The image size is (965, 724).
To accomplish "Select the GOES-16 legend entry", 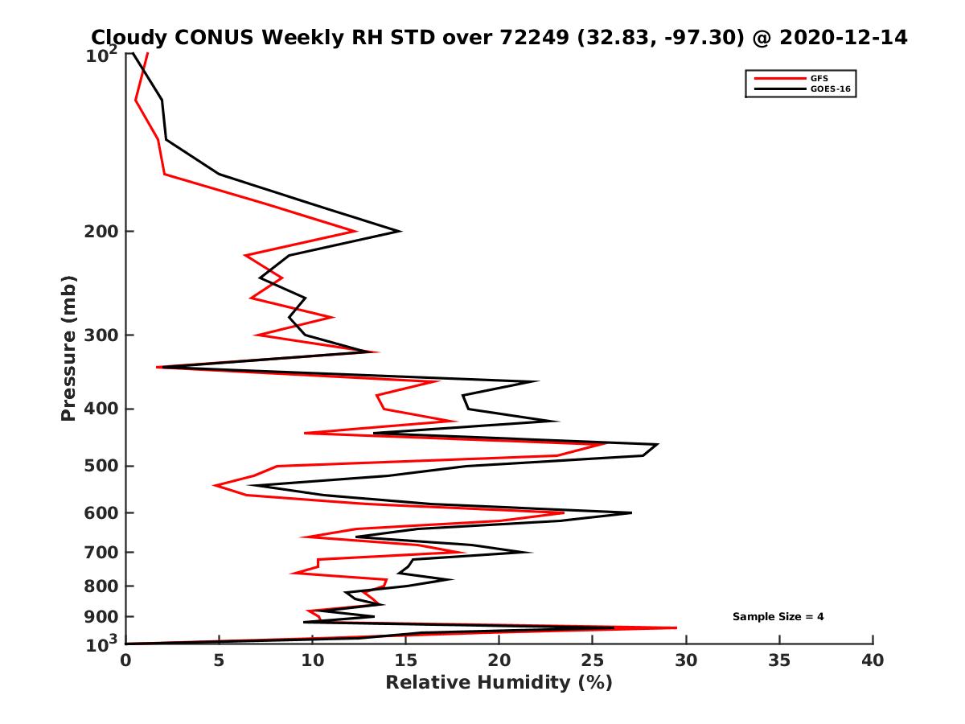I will [827, 90].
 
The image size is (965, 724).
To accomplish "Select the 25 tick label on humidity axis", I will [593, 660].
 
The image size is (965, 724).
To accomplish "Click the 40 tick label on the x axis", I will [873, 660].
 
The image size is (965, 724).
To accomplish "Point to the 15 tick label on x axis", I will [405, 660].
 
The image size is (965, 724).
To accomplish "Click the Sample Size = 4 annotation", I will [778, 617].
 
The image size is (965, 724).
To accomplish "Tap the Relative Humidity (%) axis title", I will [499, 683].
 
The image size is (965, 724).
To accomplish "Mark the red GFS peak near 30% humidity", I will [675, 627].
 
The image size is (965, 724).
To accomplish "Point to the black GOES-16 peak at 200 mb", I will [400, 232].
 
